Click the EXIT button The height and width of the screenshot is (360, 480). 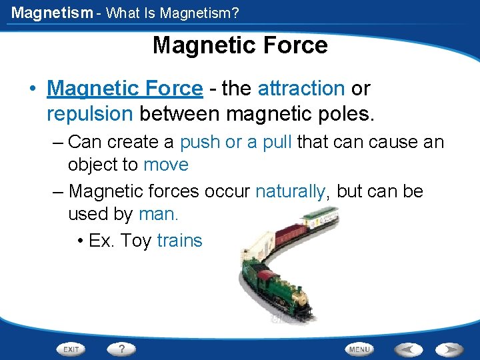(x=71, y=349)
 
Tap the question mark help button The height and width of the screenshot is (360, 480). (x=121, y=349)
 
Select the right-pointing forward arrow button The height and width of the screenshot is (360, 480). (x=449, y=349)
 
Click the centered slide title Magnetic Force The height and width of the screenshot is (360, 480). (x=240, y=45)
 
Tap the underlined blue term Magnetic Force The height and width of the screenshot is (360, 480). (x=125, y=88)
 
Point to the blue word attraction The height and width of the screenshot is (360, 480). (x=301, y=88)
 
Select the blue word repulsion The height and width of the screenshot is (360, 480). (x=90, y=114)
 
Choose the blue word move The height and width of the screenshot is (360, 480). (x=166, y=165)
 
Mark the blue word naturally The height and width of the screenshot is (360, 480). (x=291, y=191)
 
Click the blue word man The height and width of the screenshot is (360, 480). (x=159, y=214)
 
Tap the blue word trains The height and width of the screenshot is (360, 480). (x=179, y=241)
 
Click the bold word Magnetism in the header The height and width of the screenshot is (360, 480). (x=52, y=12)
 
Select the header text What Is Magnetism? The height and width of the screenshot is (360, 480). (x=173, y=13)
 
